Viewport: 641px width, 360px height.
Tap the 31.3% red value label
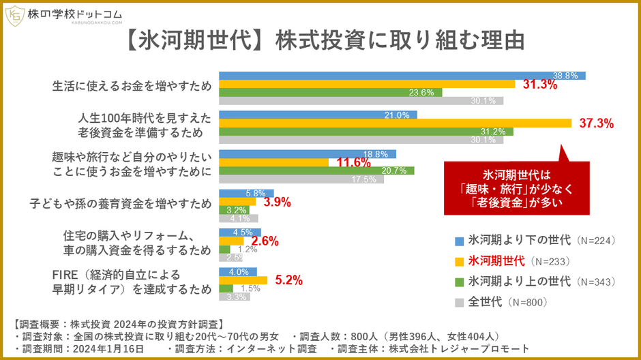click(540, 85)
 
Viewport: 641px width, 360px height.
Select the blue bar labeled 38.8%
click(402, 75)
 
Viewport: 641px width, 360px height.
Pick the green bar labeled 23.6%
click(331, 92)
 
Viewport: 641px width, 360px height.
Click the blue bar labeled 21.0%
click(318, 115)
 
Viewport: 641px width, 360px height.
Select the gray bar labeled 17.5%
click(301, 179)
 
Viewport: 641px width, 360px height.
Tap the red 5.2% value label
click(288, 280)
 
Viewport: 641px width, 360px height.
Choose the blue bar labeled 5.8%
click(245, 193)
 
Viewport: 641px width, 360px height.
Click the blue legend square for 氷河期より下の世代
click(460, 240)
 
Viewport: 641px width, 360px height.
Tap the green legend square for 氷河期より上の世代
click(460, 281)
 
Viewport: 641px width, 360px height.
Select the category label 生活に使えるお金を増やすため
click(132, 87)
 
